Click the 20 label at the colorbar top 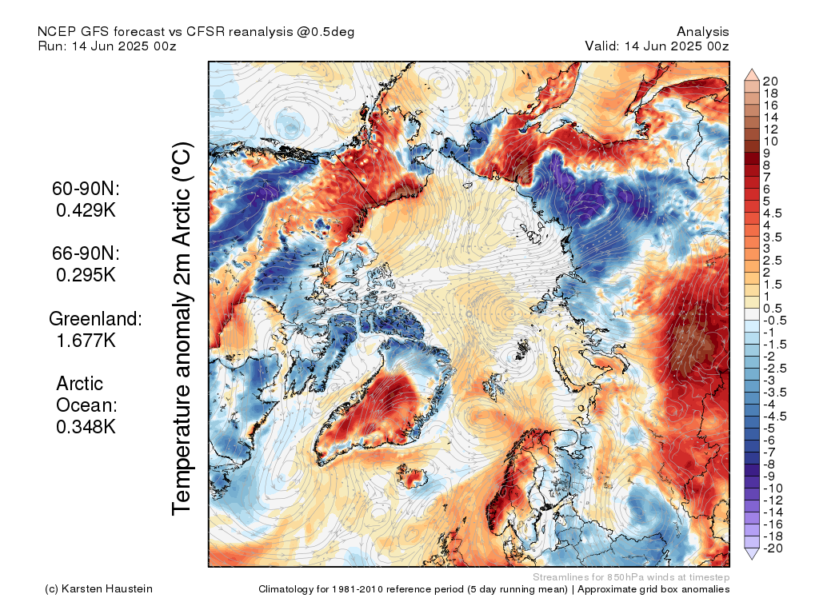(x=770, y=81)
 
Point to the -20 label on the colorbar (x=773, y=548)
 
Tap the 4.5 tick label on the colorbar (x=773, y=213)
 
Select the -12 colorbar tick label (x=773, y=500)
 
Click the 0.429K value (x=86, y=210)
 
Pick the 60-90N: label (x=86, y=189)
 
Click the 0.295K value (x=86, y=274)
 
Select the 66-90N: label (x=86, y=253)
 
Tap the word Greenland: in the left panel (x=95, y=319)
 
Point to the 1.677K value (x=86, y=340)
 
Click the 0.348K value (x=86, y=426)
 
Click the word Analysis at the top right (x=702, y=31)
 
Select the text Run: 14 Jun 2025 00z (x=106, y=46)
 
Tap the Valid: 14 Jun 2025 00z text (x=657, y=46)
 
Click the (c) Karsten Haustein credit (x=98, y=589)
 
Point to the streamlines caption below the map (x=630, y=577)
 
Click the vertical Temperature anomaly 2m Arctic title (x=183, y=328)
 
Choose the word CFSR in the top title (x=206, y=31)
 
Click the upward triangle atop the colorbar (x=752, y=75)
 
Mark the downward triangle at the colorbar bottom (x=752, y=554)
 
